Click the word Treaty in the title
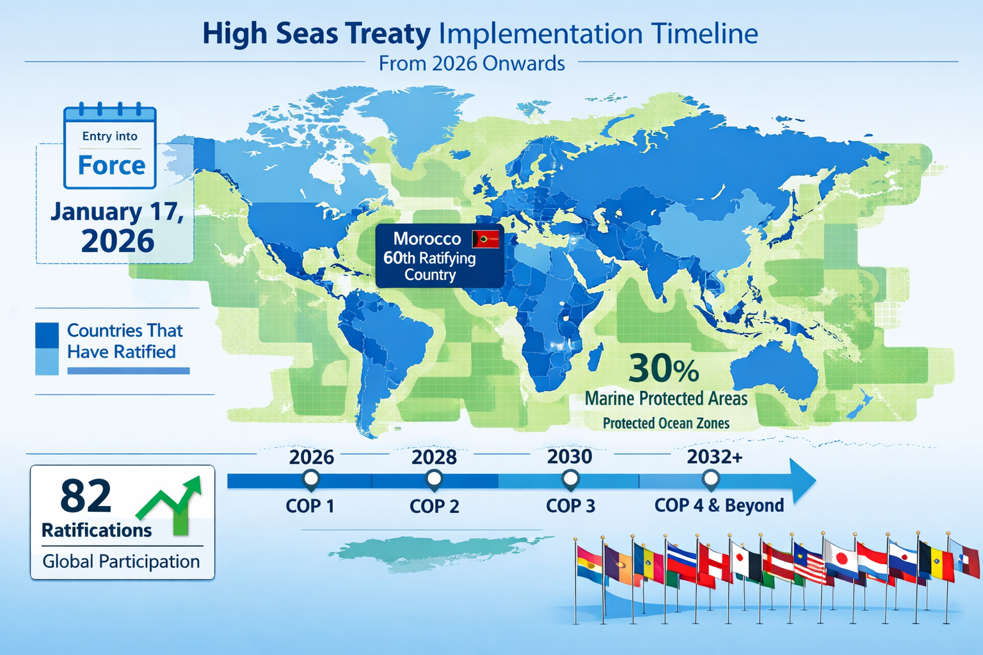tap(388, 34)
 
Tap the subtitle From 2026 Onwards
tap(472, 63)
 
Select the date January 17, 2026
tap(117, 226)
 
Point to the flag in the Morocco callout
tap(485, 239)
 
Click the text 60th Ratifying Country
tap(429, 266)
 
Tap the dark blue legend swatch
tap(47, 335)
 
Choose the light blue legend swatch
tap(47, 361)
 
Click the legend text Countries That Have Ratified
tap(125, 341)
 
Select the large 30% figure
tap(664, 368)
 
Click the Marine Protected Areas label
tap(666, 399)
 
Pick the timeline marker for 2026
tap(311, 478)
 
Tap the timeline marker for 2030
tap(570, 478)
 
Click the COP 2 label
tap(435, 507)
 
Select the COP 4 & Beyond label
tap(719, 505)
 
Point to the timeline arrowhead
tap(803, 481)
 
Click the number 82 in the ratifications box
tap(86, 496)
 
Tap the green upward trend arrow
tap(173, 505)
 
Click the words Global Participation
tap(121, 562)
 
